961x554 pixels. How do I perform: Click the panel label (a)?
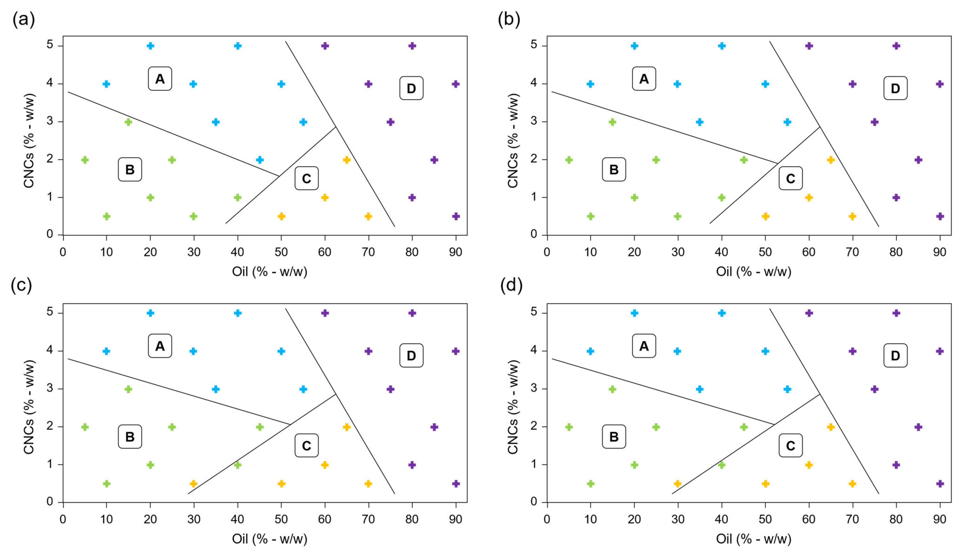pos(24,19)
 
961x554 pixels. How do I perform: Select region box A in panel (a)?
pos(160,79)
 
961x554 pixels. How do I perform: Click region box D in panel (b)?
pos(895,88)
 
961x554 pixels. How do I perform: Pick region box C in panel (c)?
pos(306,446)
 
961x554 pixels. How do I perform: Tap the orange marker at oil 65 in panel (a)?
pos(347,160)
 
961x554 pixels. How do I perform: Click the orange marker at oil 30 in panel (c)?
pos(193,484)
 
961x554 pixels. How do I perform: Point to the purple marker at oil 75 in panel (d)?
pos(874,389)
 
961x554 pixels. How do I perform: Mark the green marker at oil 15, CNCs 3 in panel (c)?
pos(128,389)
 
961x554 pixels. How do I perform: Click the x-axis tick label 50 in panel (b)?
pos(765,252)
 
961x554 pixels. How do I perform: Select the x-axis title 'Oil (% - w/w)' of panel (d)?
pos(753,539)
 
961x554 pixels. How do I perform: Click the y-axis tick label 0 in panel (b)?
pos(534,235)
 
